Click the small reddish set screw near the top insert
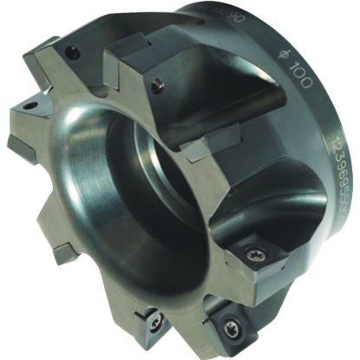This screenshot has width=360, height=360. point(157,85)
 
